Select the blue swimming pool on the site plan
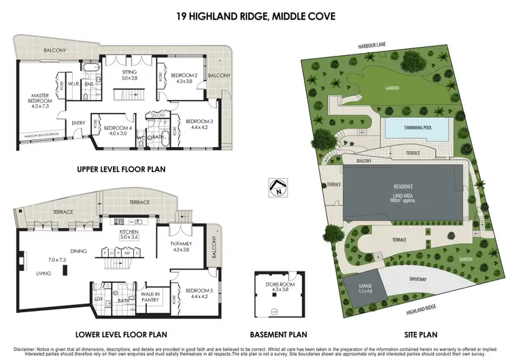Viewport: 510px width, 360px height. coord(415,127)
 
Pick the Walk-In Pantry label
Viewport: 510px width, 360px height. coord(150,297)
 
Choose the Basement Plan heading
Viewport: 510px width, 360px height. coord(278,334)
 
